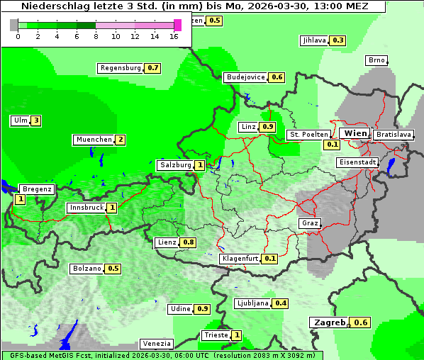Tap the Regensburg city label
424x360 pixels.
tap(121, 68)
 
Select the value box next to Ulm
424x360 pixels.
tap(35, 120)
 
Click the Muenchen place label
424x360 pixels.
tap(94, 140)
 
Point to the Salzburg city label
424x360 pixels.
tap(175, 165)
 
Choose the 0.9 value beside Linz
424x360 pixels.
tap(267, 127)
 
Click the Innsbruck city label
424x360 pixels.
tap(86, 208)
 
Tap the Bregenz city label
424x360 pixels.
tap(37, 189)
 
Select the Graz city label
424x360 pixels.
tap(310, 223)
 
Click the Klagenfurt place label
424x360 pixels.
tap(240, 259)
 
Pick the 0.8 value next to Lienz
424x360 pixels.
tap(189, 242)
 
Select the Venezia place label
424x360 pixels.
tap(156, 344)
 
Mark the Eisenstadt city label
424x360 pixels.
tap(356, 162)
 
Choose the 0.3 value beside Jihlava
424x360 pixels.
tap(339, 40)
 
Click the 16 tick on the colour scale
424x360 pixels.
tap(174, 36)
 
